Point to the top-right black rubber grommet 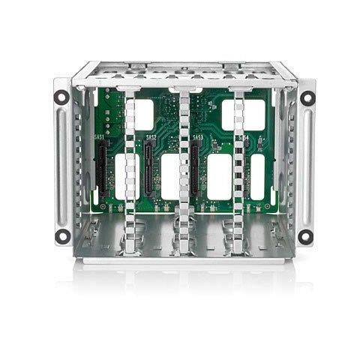click(307, 97)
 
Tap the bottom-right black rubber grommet click(304, 236)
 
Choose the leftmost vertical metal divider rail click(129, 172)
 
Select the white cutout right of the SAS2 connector click(169, 177)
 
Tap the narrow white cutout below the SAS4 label click(257, 177)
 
